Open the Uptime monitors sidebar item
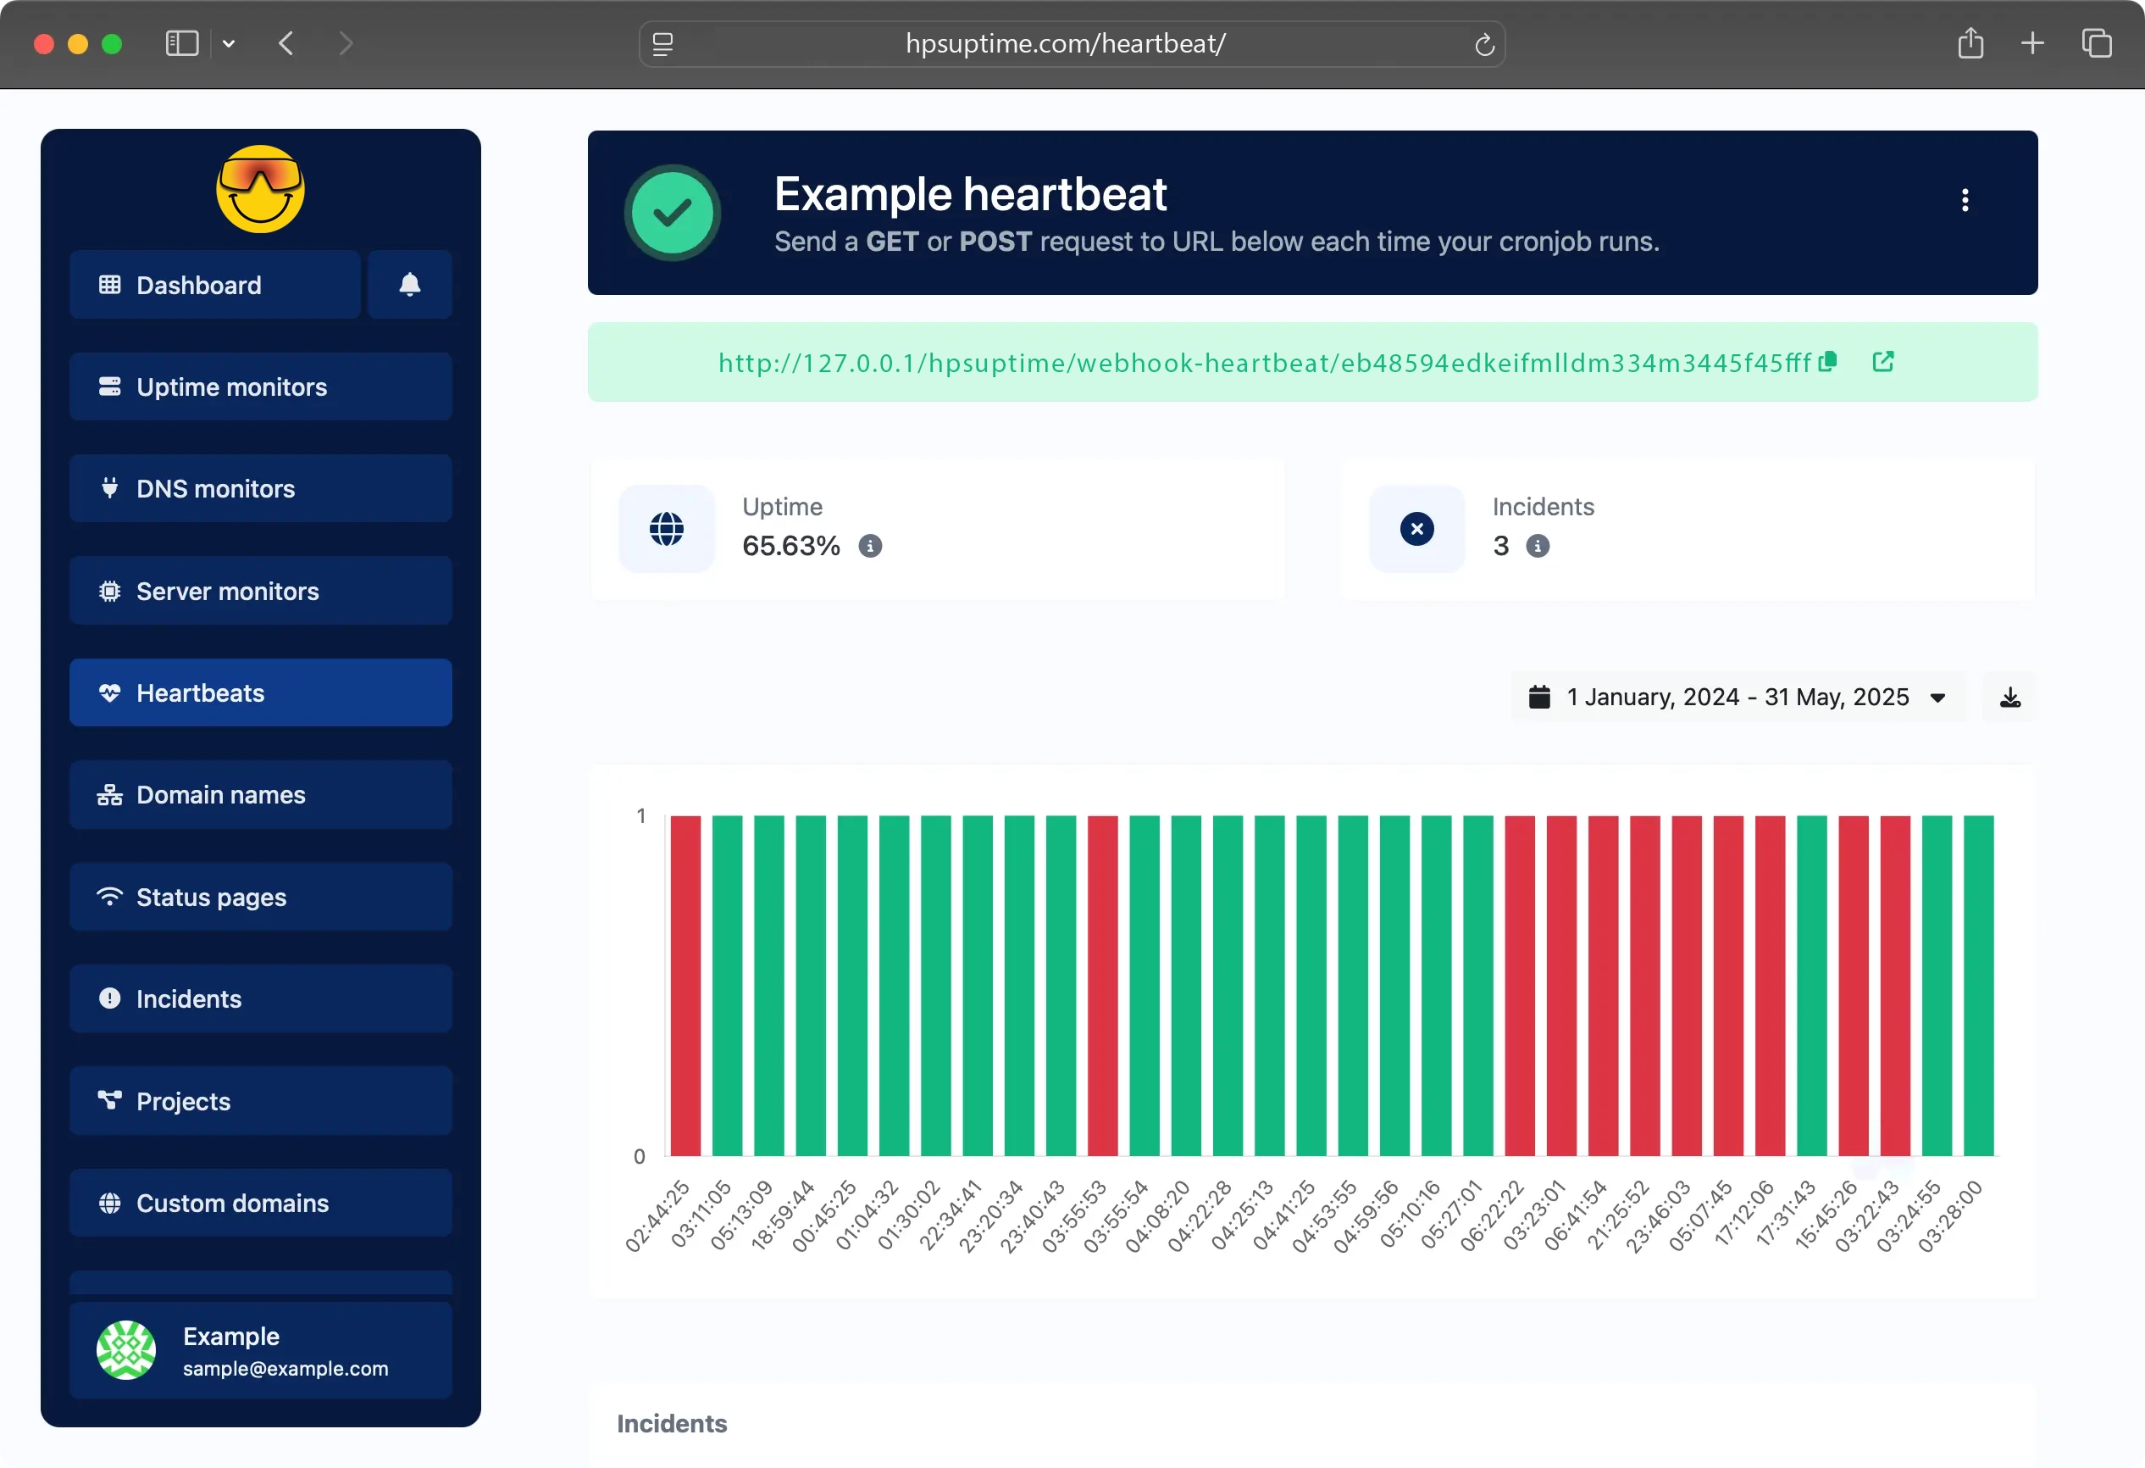pos(260,386)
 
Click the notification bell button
pos(410,285)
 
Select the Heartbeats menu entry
pos(260,692)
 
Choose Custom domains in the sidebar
pos(260,1203)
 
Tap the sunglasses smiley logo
pos(260,189)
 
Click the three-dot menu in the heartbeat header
pos(1965,200)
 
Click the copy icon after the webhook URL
pos(1827,361)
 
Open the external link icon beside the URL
pos(1883,361)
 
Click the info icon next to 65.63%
pos(870,547)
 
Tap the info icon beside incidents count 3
pos(1538,547)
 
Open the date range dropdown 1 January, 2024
pos(1738,697)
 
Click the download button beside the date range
pos(2010,697)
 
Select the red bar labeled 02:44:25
pos(685,984)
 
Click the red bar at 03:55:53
pos(1102,984)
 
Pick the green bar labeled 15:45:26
pos(1811,984)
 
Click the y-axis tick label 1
pos(640,816)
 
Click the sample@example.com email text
pos(285,1368)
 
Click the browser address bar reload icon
pos(1484,44)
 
